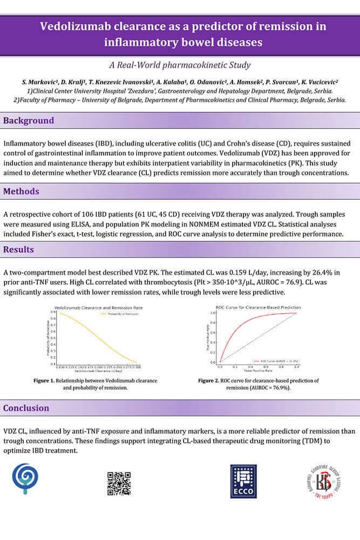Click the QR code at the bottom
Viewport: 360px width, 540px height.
[x=119, y=483]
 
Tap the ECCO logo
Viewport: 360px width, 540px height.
[x=243, y=481]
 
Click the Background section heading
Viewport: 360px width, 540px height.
[x=29, y=120]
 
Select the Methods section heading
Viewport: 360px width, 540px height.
[x=22, y=191]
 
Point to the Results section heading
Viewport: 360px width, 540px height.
[x=18, y=249]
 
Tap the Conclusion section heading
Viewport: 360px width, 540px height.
[x=26, y=408]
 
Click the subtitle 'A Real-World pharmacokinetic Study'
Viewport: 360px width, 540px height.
[x=180, y=65]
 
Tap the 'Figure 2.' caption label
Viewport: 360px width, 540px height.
[x=209, y=381]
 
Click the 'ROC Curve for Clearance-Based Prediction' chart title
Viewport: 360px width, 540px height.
[x=258, y=307]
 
